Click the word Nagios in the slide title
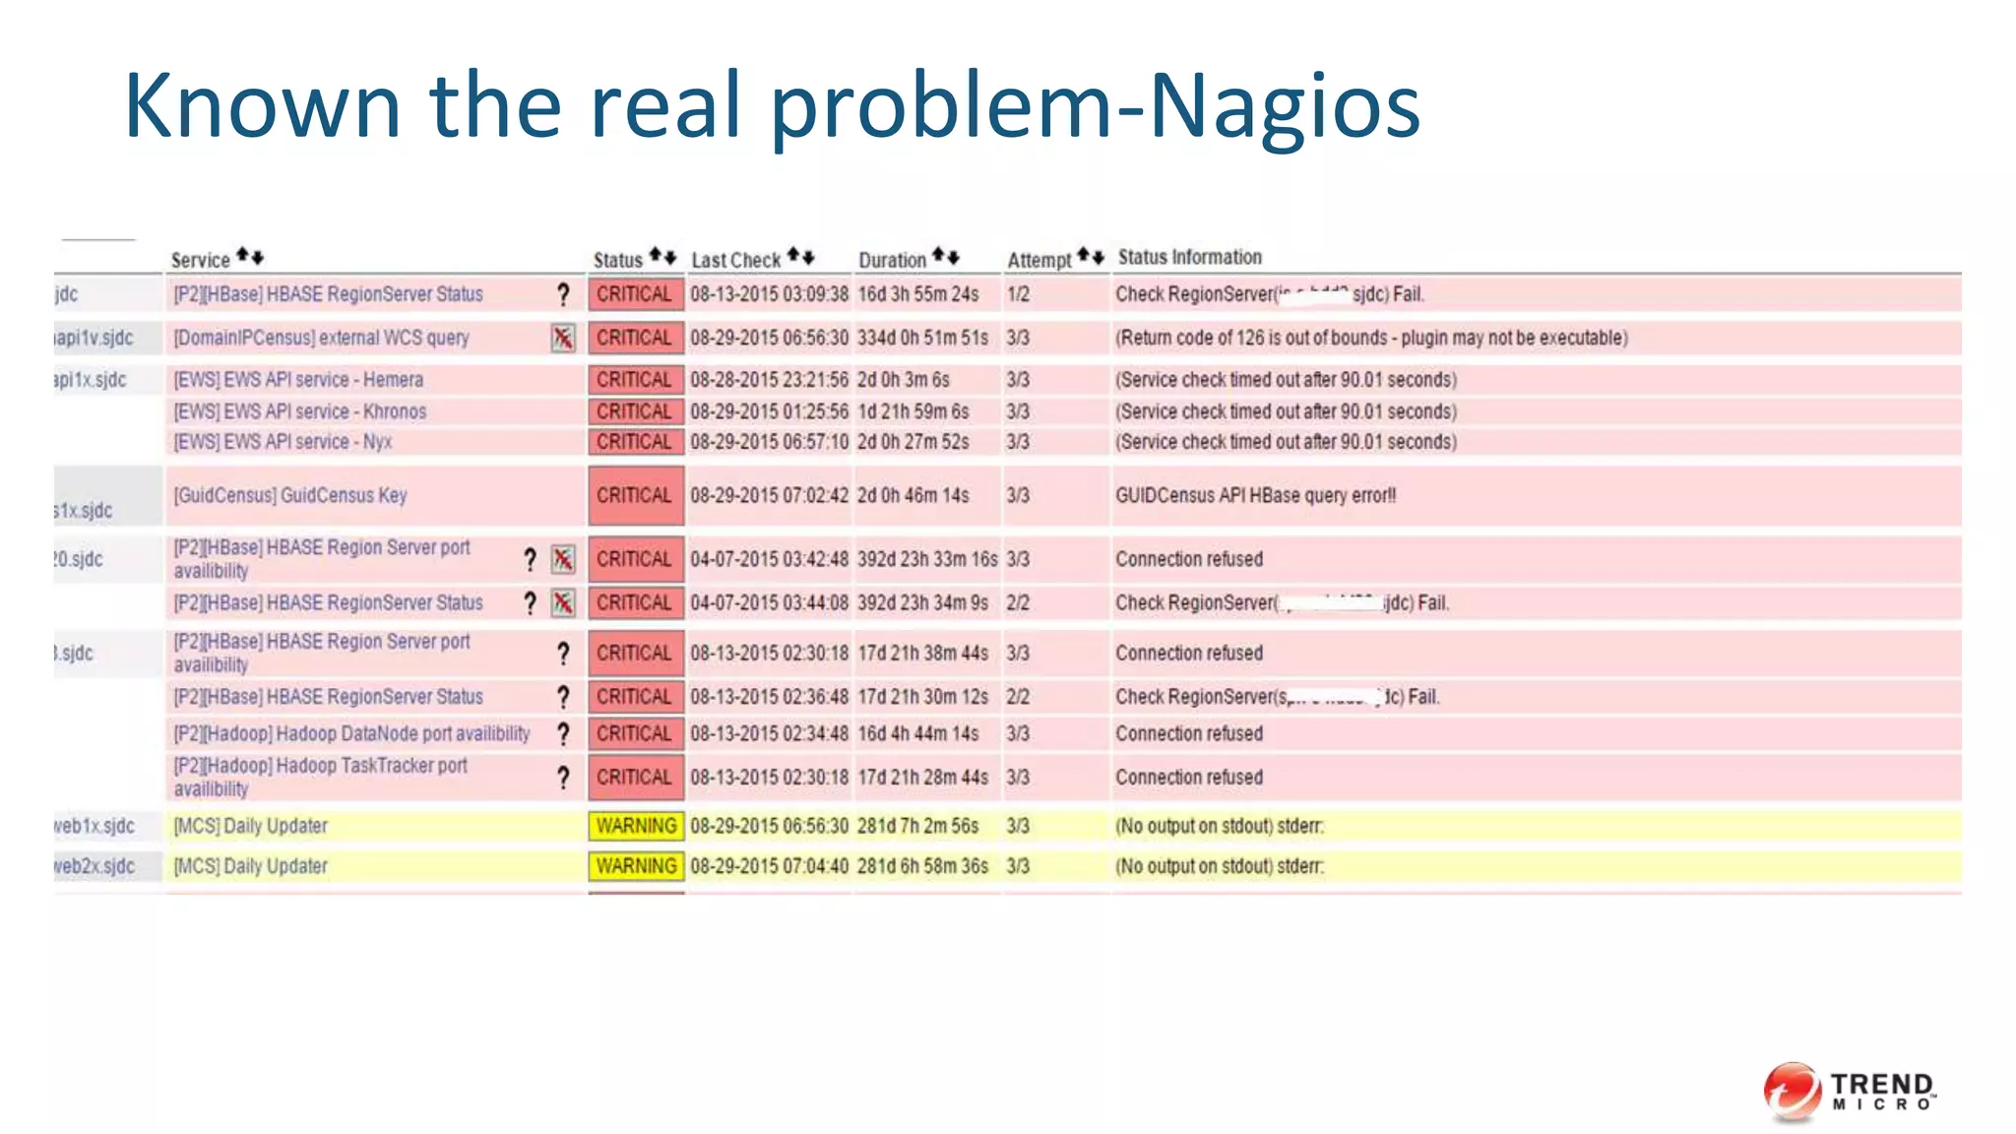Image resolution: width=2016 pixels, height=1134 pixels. (1284, 106)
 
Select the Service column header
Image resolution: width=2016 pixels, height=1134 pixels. (200, 260)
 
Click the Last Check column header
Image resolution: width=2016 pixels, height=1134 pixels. (735, 260)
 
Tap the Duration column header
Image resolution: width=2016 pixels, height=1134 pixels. (892, 260)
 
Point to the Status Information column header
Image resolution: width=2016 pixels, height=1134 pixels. (1189, 257)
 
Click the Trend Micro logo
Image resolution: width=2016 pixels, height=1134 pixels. (1849, 1091)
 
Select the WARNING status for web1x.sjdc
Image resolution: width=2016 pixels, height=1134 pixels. (636, 826)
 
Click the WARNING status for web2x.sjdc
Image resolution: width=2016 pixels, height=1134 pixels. (636, 866)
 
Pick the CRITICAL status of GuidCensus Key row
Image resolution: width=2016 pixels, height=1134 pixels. (635, 495)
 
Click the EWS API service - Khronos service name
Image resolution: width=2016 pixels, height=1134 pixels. (300, 411)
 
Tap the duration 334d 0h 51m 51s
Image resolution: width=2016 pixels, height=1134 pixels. (922, 338)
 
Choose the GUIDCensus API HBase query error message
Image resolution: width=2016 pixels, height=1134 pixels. (1255, 495)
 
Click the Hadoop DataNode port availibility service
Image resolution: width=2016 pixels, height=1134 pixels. (351, 733)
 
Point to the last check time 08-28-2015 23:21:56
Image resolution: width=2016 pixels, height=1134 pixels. (769, 380)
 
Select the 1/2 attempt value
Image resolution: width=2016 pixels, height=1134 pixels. (1018, 294)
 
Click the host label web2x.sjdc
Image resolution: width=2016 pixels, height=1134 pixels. (94, 866)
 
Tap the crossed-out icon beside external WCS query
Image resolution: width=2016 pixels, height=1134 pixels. (563, 338)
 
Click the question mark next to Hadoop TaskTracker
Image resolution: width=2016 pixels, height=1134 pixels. (563, 778)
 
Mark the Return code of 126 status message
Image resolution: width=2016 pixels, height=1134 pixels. (1371, 338)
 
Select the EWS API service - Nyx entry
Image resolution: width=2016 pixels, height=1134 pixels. (283, 442)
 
